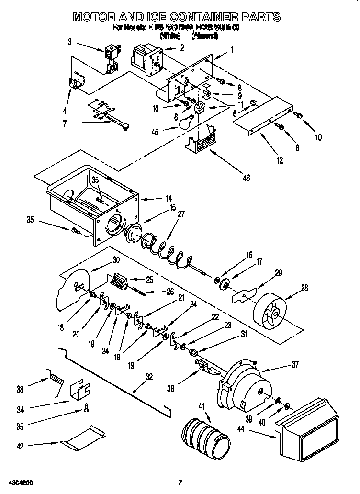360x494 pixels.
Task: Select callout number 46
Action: (x=246, y=178)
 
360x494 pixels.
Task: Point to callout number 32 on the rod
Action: (x=149, y=376)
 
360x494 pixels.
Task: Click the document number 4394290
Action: (x=20, y=481)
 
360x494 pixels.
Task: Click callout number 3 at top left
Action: (x=70, y=42)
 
